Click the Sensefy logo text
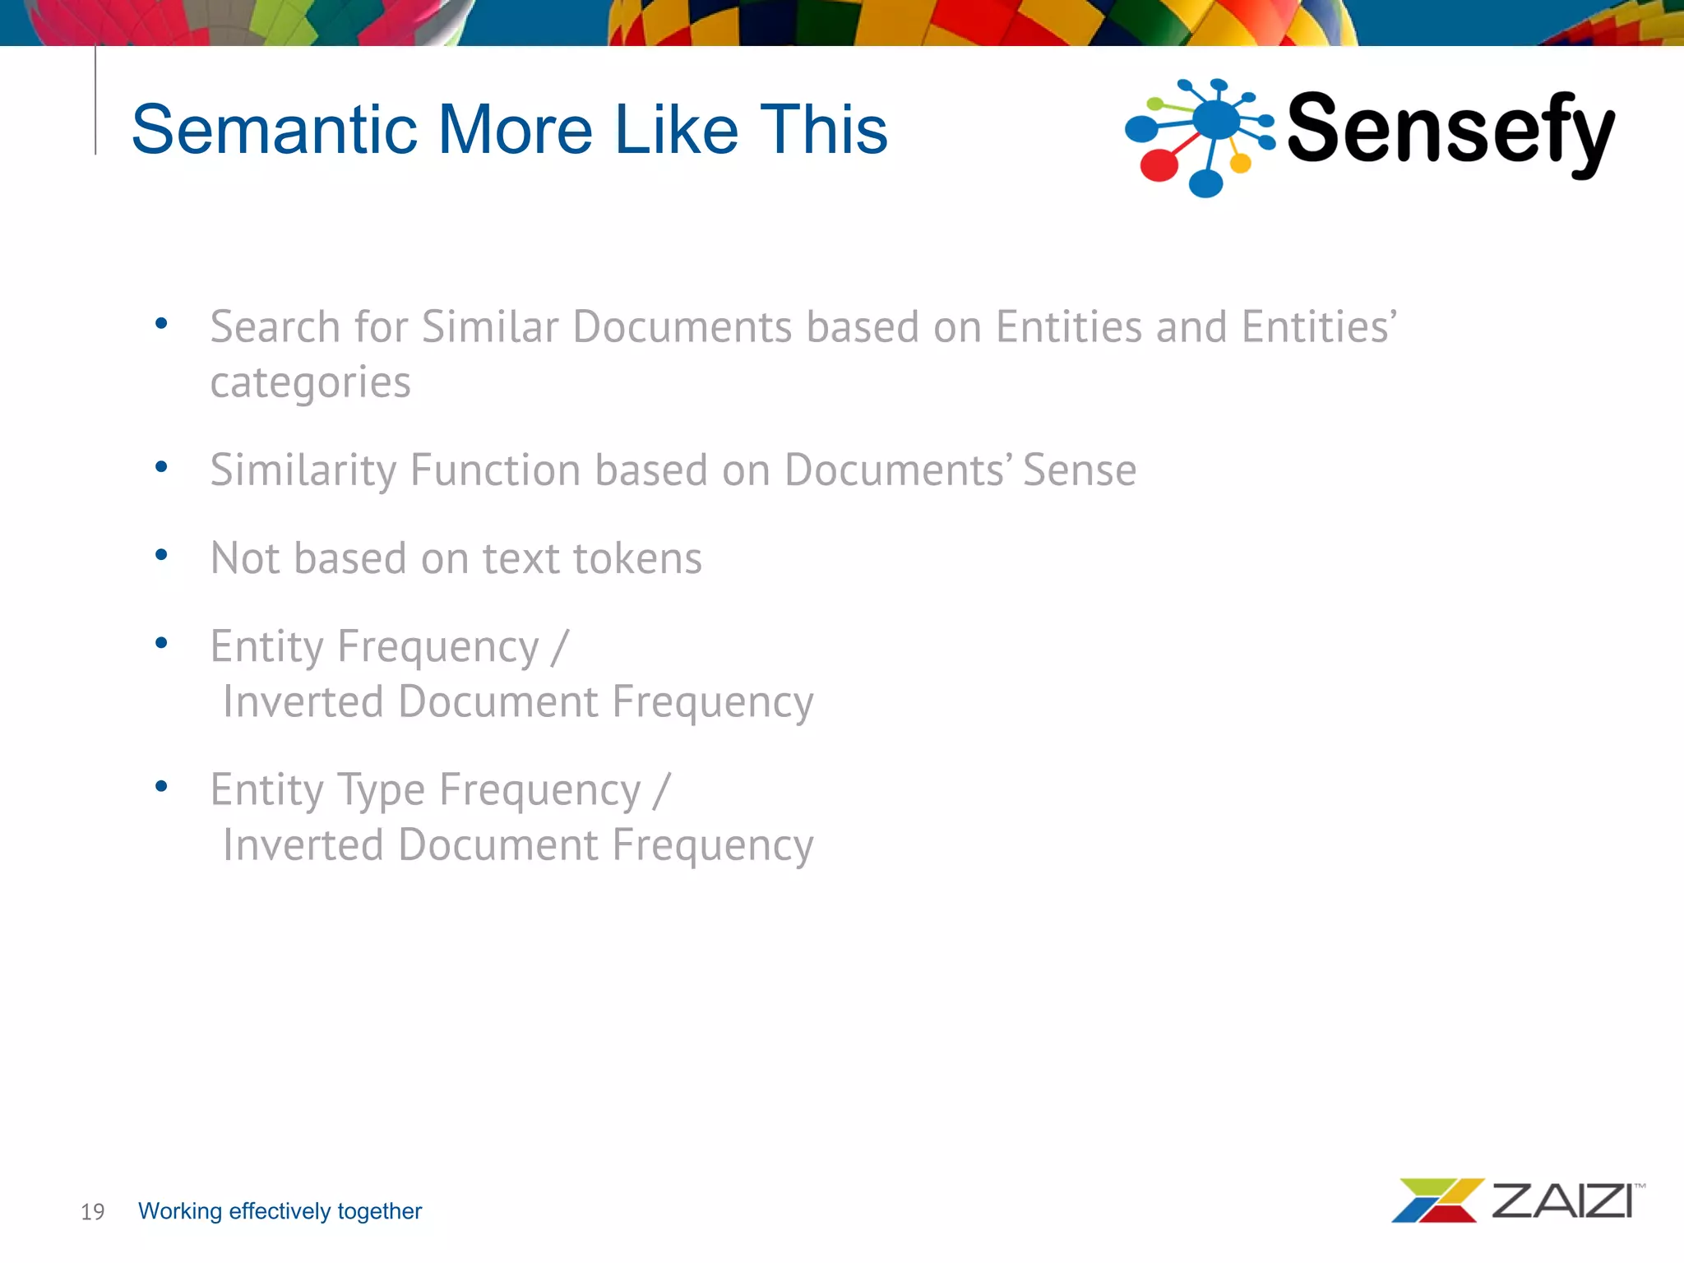click(1449, 130)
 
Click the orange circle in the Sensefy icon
click(1240, 164)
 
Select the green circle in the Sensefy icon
click(1155, 104)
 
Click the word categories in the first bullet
click(310, 383)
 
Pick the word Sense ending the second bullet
click(1079, 471)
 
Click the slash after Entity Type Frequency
click(662, 791)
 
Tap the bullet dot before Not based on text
click(161, 555)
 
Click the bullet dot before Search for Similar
click(161, 323)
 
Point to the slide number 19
click(92, 1212)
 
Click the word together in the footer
click(379, 1211)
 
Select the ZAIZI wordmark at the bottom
click(1561, 1201)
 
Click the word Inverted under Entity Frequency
click(303, 703)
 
